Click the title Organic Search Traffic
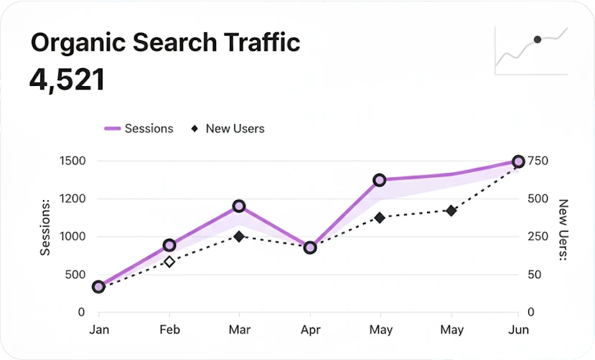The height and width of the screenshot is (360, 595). point(165,42)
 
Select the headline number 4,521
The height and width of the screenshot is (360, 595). point(67,80)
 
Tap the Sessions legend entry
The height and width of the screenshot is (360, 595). point(140,128)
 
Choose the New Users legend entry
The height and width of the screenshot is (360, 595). point(228,128)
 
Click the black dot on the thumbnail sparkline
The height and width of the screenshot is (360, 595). point(537,39)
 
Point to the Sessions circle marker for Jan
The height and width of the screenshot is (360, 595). point(99,287)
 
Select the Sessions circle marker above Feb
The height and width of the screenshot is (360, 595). point(169,245)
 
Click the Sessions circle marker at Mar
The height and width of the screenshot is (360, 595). point(239,207)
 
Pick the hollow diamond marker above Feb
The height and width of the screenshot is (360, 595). point(169,262)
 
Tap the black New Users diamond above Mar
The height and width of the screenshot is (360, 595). point(239,236)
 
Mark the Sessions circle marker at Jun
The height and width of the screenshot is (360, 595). point(518,161)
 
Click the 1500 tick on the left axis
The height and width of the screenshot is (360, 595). point(74,161)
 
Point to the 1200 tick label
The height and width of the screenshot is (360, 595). point(74,199)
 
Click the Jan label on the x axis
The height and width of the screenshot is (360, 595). point(99,330)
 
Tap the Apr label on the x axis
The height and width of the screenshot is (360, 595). point(310,330)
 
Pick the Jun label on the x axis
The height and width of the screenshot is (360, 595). point(518,330)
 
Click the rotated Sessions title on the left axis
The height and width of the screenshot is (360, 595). point(46,228)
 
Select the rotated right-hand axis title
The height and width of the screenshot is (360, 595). point(563,229)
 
